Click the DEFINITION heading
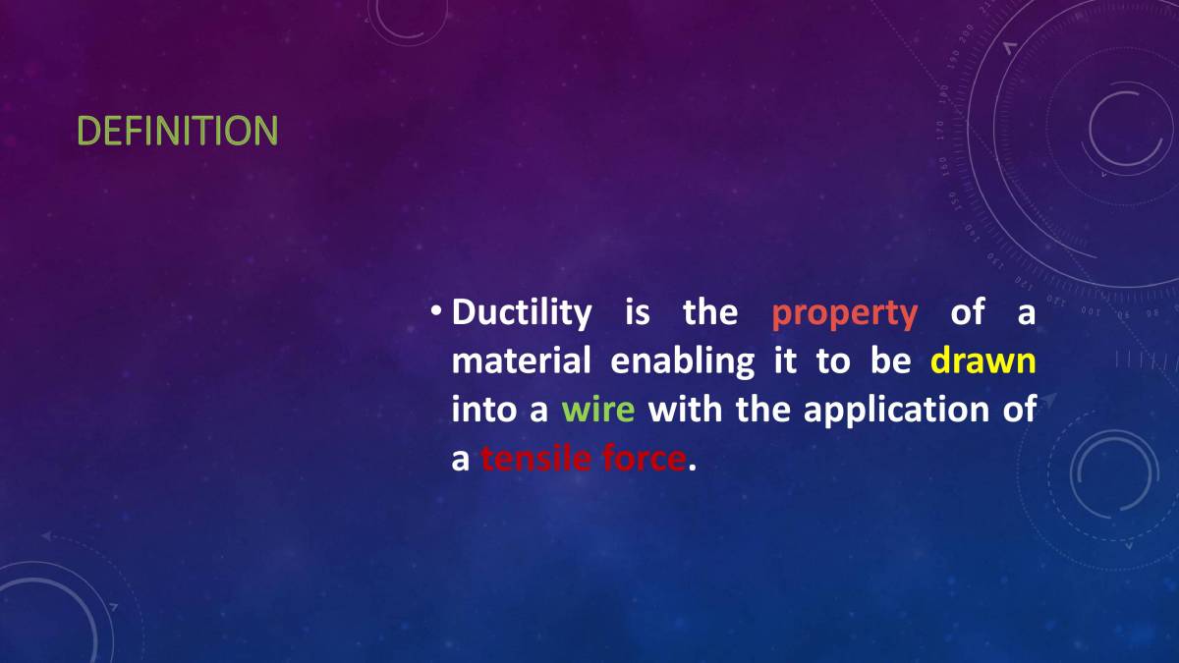click(177, 131)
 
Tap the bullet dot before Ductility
click(435, 312)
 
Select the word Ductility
click(522, 313)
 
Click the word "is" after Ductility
click(637, 313)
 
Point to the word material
click(521, 361)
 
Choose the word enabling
click(682, 362)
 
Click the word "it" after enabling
click(785, 361)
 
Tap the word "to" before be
click(832, 361)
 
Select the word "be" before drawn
click(890, 361)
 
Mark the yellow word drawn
click(982, 361)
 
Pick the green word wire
click(597, 410)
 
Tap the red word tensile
click(534, 458)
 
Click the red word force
click(641, 458)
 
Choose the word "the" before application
click(762, 410)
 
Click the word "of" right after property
click(967, 313)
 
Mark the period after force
click(692, 466)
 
